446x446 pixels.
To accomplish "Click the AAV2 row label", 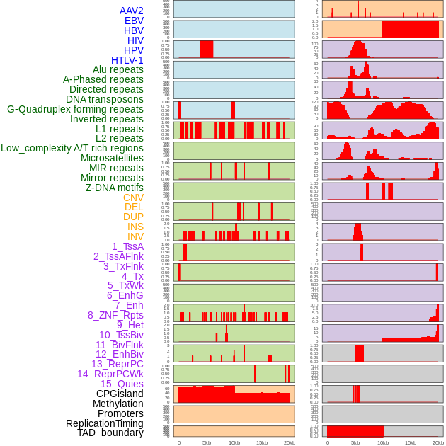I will pos(131,11).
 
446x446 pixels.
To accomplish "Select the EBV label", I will pos(134,21).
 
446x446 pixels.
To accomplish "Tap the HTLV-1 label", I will pos(127,60).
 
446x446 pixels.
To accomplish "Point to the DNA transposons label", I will pos(105,99).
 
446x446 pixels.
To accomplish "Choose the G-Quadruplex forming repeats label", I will pos(75,109).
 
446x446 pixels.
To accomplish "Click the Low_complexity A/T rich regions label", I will pos(72,148).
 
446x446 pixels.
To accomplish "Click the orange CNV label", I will pos(133,198).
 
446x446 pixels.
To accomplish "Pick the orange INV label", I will pos(135,236).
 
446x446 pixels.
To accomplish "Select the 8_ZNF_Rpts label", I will pos(115,315).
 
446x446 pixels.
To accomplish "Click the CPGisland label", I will pos(120,394).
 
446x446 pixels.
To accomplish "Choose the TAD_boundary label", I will pos(110,433).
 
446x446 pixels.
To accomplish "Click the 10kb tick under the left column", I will pos(234,442).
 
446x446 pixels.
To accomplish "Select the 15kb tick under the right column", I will pos(411,442).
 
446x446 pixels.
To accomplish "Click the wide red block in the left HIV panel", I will pos(207,49).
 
